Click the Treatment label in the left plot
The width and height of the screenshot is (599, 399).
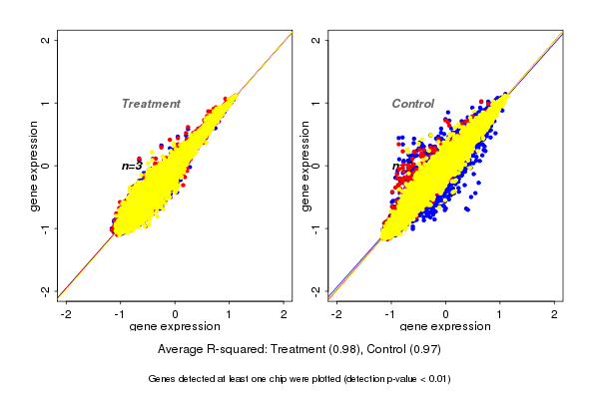pyautogui.click(x=151, y=104)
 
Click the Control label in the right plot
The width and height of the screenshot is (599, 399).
pyautogui.click(x=412, y=104)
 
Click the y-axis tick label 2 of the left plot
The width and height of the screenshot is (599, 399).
pyautogui.click(x=45, y=40)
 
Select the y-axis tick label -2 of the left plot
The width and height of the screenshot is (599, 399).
pyautogui.click(x=45, y=290)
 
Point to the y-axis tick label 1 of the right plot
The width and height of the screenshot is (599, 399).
pyautogui.click(x=316, y=103)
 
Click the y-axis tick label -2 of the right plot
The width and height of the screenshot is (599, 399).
pyautogui.click(x=316, y=290)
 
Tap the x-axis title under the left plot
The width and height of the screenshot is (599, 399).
pyautogui.click(x=176, y=326)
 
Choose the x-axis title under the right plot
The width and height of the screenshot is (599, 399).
pyautogui.click(x=446, y=326)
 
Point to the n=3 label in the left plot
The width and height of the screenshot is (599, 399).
pyautogui.click(x=132, y=166)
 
